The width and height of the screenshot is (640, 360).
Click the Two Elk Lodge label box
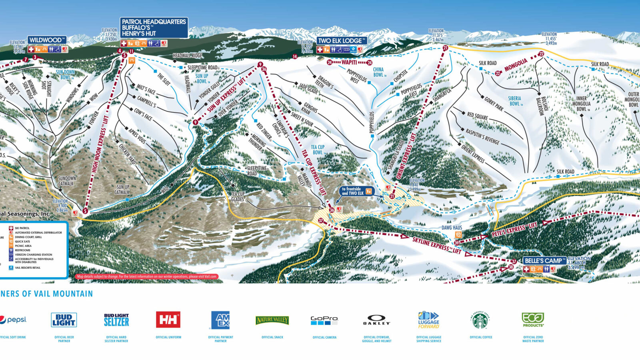pyautogui.click(x=342, y=41)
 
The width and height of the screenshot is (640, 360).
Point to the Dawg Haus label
pyautogui.click(x=452, y=228)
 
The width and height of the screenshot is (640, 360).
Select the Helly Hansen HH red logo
pyautogui.click(x=168, y=320)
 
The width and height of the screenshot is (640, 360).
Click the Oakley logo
pyautogui.click(x=376, y=320)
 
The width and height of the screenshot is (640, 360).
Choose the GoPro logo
pyautogui.click(x=324, y=320)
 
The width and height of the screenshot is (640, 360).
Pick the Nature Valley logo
pyautogui.click(x=272, y=320)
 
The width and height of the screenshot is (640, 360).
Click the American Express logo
pyautogui.click(x=220, y=320)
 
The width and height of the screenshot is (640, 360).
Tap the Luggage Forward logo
pyautogui.click(x=428, y=320)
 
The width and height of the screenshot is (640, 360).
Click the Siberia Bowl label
pyautogui.click(x=515, y=101)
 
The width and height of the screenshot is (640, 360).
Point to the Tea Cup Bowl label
pyautogui.click(x=318, y=150)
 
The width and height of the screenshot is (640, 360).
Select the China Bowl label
pyautogui.click(x=378, y=72)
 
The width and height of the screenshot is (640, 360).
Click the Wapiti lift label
pyautogui.click(x=349, y=63)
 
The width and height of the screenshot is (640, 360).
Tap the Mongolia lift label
pyautogui.click(x=516, y=65)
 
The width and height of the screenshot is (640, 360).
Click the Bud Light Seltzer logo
pyautogui.click(x=116, y=320)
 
